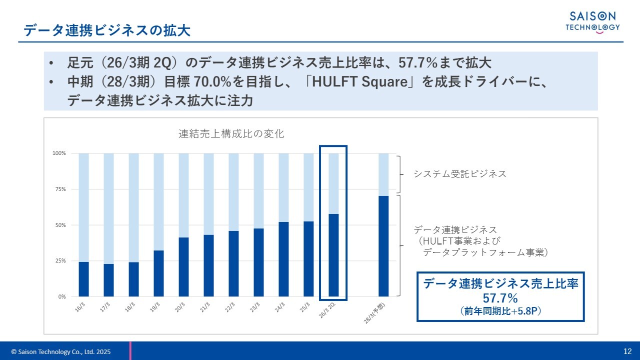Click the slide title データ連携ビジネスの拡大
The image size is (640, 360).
pos(107,31)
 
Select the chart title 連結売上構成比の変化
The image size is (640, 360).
pos(231,134)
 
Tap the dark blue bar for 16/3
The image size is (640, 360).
pos(83,279)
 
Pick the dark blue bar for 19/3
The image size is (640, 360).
pos(158,273)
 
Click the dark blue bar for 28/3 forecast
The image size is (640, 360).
pos(383,246)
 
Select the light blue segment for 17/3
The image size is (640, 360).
pos(108,208)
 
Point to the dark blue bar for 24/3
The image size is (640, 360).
pos(283,259)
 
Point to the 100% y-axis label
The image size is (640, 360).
pos(58,153)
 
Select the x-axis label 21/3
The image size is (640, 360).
pos(204,307)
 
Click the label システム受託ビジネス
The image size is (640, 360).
pos(459,174)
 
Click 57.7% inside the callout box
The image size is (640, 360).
pos(500,298)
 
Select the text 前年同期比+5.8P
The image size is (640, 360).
pos(500,311)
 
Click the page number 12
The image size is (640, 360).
pos(627,351)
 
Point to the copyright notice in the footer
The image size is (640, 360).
pos(61,352)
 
